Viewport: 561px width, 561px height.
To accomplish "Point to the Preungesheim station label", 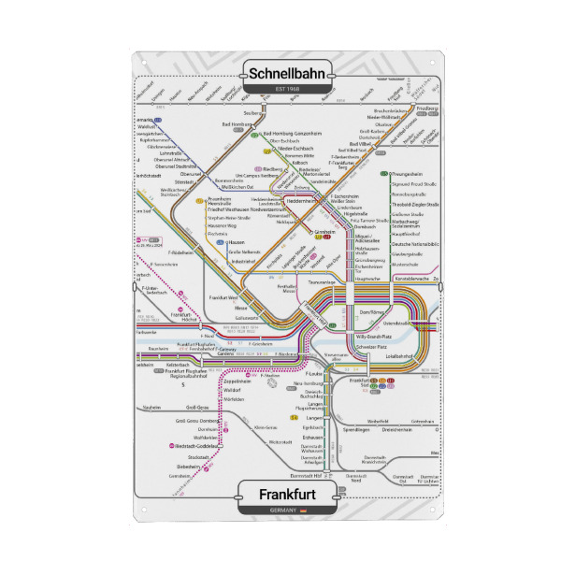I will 411,174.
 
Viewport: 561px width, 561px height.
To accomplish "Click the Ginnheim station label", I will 325,230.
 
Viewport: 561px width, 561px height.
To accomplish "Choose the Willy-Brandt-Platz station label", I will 379,334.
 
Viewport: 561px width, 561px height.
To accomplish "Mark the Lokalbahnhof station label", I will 399,356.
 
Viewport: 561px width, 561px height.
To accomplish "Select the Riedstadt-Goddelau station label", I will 200,446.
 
